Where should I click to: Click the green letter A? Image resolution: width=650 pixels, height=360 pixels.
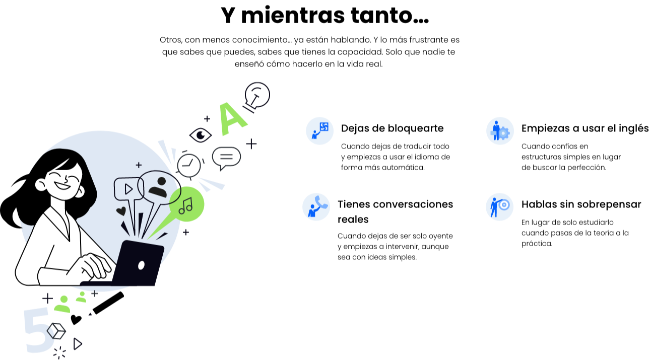231,119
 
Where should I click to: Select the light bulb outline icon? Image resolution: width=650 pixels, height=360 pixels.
257,96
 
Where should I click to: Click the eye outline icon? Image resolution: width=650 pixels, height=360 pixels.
201,135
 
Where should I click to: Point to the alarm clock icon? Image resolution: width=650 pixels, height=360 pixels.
189,165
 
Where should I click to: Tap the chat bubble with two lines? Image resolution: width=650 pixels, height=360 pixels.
226,157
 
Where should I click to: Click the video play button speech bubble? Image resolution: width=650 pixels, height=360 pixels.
128,189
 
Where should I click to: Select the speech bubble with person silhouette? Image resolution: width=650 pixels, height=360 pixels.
159,187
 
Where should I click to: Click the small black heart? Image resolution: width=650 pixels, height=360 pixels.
121,211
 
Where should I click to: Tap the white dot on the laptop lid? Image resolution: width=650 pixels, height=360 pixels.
141,265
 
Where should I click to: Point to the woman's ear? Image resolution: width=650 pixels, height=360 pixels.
41,185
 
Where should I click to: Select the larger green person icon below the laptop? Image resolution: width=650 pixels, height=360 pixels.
62,304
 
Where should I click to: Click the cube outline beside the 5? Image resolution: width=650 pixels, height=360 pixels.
56,331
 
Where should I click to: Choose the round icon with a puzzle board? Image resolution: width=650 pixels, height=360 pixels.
319,131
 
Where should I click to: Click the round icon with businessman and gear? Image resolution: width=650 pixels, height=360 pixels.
500,131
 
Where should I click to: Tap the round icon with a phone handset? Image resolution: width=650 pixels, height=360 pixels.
316,207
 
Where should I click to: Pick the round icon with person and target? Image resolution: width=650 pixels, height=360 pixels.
499,207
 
